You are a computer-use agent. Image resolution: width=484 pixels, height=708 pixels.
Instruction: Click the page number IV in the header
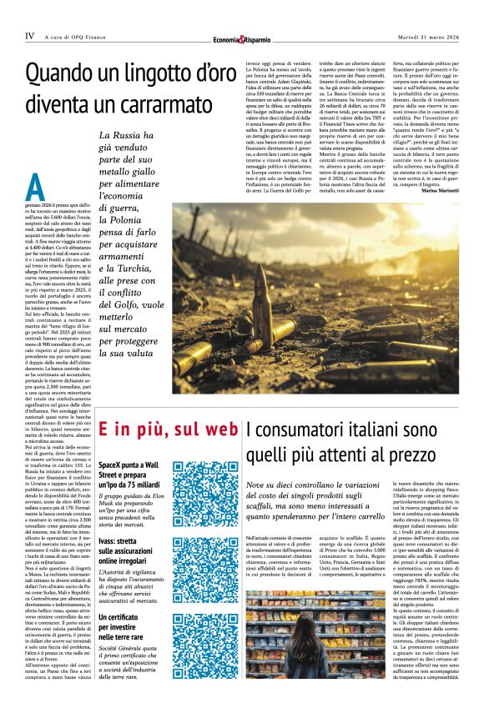click(x=29, y=36)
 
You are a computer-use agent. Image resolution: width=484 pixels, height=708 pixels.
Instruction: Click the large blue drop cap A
click(x=34, y=184)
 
